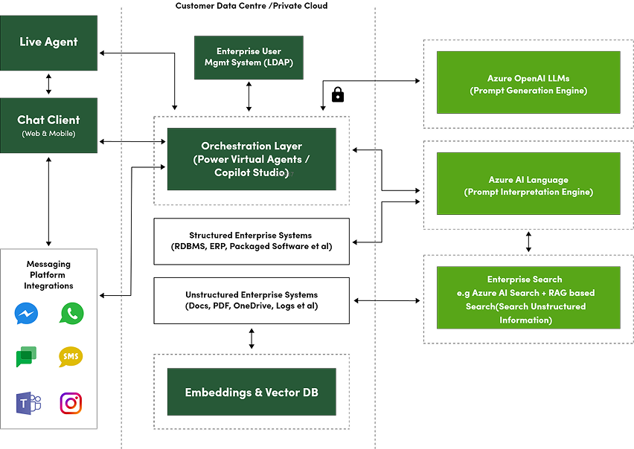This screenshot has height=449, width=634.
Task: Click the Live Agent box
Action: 48,43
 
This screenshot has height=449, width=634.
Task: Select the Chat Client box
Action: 48,126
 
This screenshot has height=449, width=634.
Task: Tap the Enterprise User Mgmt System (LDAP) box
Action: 249,57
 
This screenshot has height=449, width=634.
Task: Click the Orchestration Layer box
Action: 252,159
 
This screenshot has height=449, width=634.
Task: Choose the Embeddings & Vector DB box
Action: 252,392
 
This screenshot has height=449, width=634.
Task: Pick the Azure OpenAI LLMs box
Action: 528,82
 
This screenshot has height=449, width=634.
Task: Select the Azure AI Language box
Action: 528,184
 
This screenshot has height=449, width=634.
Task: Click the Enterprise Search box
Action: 528,297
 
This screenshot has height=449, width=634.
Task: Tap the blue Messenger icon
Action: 26,314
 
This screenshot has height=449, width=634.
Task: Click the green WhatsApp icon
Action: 71,314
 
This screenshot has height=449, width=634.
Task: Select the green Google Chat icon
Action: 26,358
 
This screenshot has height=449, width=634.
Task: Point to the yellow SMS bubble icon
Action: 71,357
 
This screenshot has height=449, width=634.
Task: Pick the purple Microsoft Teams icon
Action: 28,403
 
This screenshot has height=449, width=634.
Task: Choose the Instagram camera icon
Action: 71,403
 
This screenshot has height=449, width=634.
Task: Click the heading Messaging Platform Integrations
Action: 48,274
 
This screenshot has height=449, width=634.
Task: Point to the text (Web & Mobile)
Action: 48,134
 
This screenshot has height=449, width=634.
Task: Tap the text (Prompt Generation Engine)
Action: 528,91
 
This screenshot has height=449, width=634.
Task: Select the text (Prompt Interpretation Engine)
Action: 528,192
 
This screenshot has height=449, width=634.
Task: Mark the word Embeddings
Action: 217,392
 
